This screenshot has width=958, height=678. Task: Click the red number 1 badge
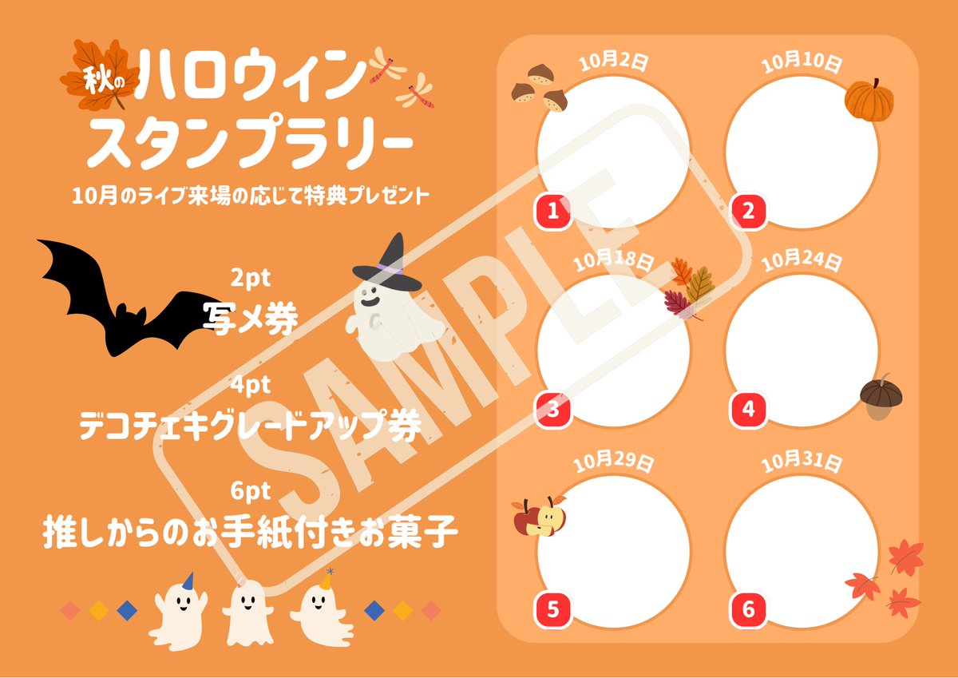552,211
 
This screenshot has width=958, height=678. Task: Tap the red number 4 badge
747,410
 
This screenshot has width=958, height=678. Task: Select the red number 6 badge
747,609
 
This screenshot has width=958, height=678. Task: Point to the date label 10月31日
802,462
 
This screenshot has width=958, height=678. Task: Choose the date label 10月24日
802,261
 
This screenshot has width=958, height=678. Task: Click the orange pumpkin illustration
869,101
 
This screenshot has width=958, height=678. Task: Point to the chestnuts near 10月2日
540,88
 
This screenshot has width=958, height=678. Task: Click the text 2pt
251,279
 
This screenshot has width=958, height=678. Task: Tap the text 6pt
251,491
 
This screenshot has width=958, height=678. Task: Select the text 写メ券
251,319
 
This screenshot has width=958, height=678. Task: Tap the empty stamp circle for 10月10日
802,153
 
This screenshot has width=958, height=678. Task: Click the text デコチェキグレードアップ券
251,425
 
